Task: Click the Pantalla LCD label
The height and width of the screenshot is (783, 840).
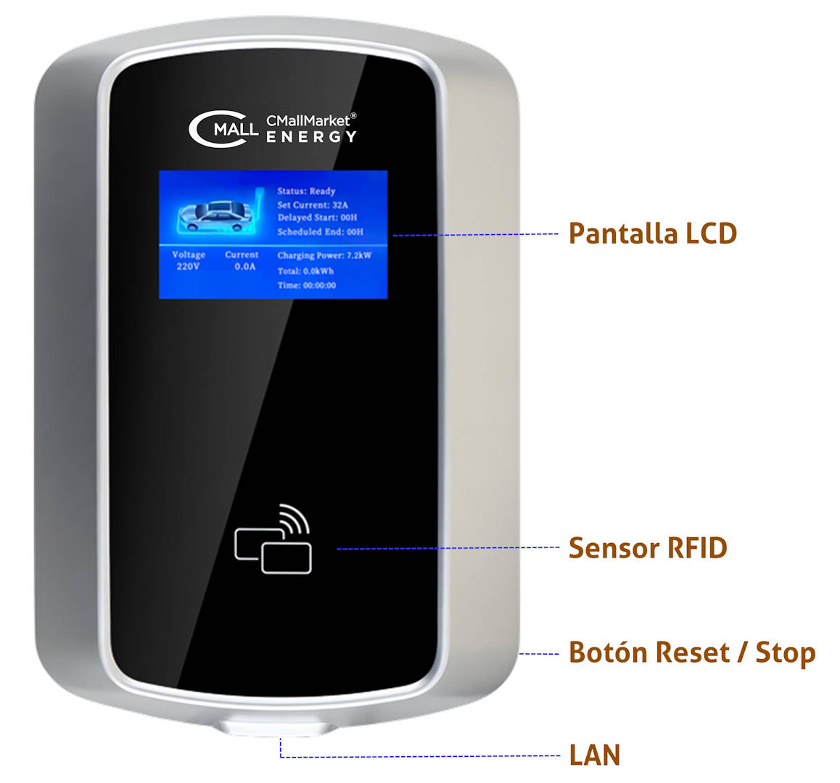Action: (x=653, y=233)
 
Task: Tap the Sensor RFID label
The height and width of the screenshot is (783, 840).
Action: (x=648, y=548)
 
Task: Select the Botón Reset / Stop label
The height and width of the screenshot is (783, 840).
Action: (x=692, y=652)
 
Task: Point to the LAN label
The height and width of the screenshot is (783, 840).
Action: (x=595, y=755)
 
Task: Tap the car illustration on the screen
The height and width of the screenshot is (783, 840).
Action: (x=215, y=216)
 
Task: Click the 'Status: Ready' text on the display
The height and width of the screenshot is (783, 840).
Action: (x=306, y=191)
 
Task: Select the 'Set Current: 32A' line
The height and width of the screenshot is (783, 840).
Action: (x=313, y=204)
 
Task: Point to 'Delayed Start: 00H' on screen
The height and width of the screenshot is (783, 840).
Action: (x=317, y=217)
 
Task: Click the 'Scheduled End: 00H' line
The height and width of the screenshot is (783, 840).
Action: (x=321, y=231)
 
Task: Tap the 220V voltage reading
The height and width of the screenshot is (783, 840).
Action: (x=188, y=266)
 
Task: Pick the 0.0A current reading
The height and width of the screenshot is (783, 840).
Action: (x=245, y=266)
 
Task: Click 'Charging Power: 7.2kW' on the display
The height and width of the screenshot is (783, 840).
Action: (x=324, y=255)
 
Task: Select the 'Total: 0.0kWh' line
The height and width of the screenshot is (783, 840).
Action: (x=305, y=271)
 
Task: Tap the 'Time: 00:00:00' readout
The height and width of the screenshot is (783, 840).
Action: (x=306, y=285)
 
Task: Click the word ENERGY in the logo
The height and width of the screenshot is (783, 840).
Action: (x=311, y=137)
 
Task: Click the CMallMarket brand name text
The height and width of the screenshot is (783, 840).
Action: (x=310, y=120)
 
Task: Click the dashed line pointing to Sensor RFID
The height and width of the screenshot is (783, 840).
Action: (x=448, y=548)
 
